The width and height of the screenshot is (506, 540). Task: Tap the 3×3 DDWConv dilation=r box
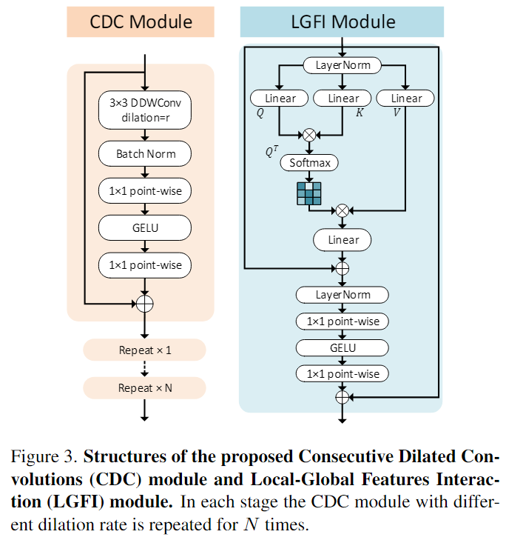tap(144, 110)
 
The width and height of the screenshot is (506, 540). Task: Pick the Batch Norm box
tap(144, 154)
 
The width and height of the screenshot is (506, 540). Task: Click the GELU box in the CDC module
tap(144, 227)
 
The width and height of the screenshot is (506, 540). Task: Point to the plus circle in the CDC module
tap(144, 303)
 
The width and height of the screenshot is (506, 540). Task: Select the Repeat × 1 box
tap(144, 350)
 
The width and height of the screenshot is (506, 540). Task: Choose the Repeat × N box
tap(144, 387)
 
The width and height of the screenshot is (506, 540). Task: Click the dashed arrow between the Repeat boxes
tap(144, 368)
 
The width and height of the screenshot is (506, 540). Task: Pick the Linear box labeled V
tap(405, 99)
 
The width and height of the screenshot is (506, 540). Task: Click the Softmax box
tap(309, 162)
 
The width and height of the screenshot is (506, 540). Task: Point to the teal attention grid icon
tap(309, 193)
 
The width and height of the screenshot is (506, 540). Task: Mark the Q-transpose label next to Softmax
tap(271, 152)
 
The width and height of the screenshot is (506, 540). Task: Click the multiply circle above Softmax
tap(309, 135)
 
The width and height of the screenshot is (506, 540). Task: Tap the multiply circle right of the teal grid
tap(342, 210)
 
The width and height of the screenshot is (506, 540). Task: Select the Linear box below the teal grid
tap(342, 240)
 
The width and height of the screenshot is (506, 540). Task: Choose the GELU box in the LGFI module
tap(342, 347)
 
